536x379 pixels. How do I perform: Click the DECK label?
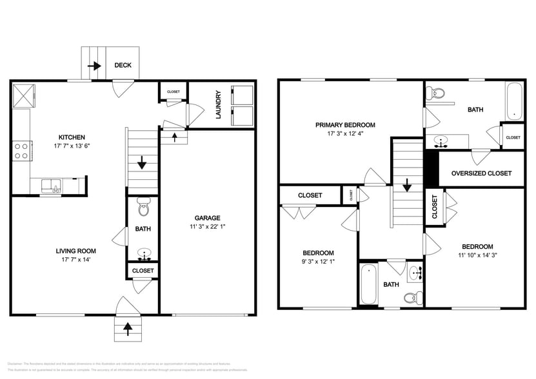[123, 65]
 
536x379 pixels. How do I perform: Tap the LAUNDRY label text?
[218, 104]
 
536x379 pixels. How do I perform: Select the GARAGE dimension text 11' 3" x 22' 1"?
[208, 226]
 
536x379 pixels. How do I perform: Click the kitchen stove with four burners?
[21, 150]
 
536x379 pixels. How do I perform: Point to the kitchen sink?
[52, 186]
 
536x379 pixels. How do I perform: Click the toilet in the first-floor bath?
[143, 209]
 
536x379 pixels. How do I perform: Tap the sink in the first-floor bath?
[143, 252]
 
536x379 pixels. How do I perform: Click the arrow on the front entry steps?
[128, 329]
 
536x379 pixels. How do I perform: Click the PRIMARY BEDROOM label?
[345, 125]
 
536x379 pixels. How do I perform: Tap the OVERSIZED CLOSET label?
[481, 173]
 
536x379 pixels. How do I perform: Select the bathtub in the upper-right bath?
[514, 101]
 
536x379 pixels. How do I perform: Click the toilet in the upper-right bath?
[437, 93]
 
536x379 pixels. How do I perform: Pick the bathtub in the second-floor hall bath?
[368, 284]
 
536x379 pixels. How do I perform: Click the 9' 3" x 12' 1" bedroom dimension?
[319, 262]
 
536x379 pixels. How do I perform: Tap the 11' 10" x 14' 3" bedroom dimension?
[477, 255]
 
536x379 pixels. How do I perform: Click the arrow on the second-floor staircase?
[408, 186]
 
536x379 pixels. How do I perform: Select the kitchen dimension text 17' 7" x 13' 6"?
[72, 146]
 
